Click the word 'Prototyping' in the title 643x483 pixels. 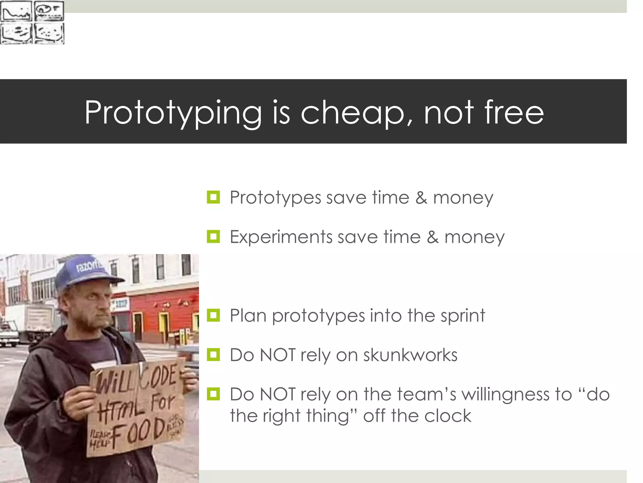pos(173,113)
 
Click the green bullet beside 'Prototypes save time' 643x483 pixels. pos(213,197)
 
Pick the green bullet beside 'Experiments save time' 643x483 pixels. pos(213,236)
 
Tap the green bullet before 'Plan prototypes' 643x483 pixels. pos(213,315)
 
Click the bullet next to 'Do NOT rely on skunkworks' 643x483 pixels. pos(213,355)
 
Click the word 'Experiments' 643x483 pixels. pos(281,237)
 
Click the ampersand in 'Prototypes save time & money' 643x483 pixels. pos(421,198)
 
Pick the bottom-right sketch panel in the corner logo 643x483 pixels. pos(49,33)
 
